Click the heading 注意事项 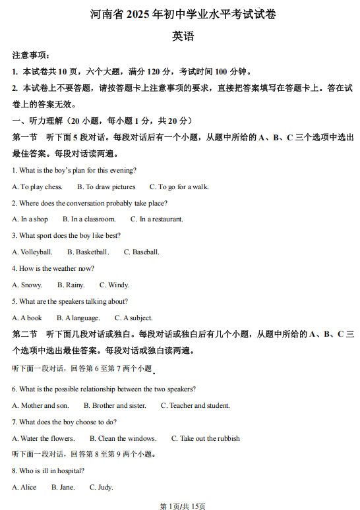(31, 55)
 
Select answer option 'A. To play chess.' (37, 186)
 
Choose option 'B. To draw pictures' (105, 186)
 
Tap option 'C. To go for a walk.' (179, 186)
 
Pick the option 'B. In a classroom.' (89, 219)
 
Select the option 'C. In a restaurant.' (156, 219)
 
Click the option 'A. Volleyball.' (32, 252)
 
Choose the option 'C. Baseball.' (141, 252)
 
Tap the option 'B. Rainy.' (71, 285)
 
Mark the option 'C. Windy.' (114, 285)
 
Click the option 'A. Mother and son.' (40, 405)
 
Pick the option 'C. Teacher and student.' (195, 405)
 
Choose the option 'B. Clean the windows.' (123, 438)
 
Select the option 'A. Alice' (24, 488)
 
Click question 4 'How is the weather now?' (53, 268)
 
